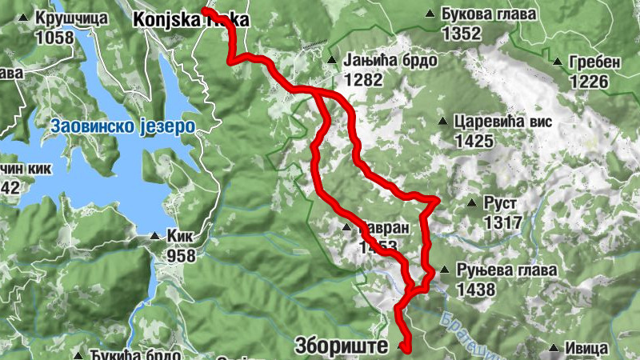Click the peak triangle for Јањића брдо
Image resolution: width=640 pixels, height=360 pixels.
tap(331, 60)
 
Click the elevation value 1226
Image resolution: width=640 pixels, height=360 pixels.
tap(590, 81)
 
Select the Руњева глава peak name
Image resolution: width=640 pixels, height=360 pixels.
tap(506, 270)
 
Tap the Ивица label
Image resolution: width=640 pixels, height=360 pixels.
tap(588, 349)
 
